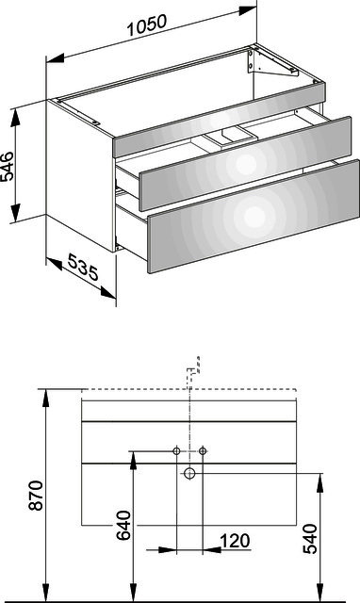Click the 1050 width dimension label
pyautogui.click(x=146, y=24)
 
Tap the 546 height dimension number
pyautogui.click(x=7, y=167)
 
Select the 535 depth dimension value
pyautogui.click(x=83, y=267)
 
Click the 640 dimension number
pyautogui.click(x=123, y=526)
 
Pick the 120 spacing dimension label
pyautogui.click(x=235, y=541)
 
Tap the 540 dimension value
pyautogui.click(x=310, y=538)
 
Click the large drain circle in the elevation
pyautogui.click(x=189, y=473)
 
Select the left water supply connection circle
pyautogui.click(x=176, y=450)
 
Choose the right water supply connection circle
pyautogui.click(x=203, y=450)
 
